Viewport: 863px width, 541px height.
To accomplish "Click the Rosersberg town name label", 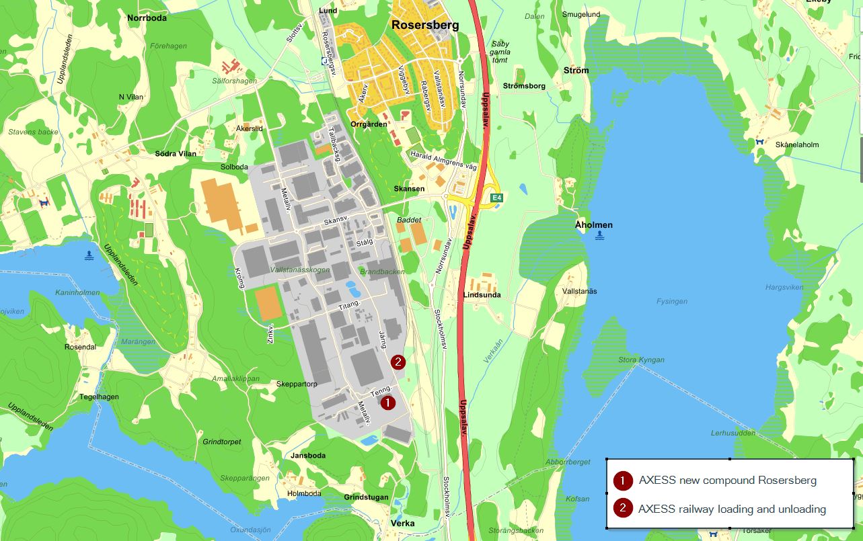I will tap(425, 26).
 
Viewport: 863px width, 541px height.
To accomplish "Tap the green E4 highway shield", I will tap(497, 198).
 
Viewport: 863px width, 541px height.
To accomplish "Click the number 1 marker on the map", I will tap(388, 403).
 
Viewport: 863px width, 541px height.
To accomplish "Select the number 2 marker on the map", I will tap(398, 362).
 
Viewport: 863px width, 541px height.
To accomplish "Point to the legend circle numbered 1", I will tap(623, 481).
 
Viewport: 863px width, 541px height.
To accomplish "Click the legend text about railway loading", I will tap(732, 509).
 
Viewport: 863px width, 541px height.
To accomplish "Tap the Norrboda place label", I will tap(147, 18).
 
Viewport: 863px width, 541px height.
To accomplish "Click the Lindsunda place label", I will tap(482, 295).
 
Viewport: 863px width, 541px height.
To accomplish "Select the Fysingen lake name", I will tap(672, 301).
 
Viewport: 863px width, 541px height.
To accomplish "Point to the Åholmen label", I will tap(594, 225).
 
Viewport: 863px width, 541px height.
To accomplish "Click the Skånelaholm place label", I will tap(797, 144).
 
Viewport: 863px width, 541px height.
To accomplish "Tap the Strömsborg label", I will tap(524, 86).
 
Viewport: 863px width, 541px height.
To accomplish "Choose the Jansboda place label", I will tap(308, 456).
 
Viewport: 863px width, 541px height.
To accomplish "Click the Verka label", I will tap(402, 524).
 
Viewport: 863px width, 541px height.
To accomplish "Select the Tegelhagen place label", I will tap(100, 397).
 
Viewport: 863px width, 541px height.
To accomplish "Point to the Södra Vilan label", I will tap(176, 154).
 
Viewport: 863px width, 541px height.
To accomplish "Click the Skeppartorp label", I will tap(297, 384).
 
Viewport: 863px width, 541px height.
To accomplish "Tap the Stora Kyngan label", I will tap(641, 360).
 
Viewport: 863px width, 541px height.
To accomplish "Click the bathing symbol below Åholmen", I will tap(599, 236).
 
